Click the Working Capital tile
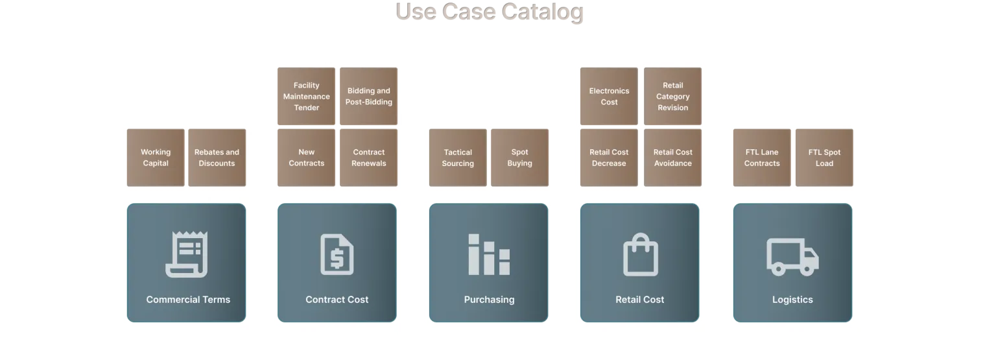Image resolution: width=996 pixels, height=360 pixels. tap(156, 158)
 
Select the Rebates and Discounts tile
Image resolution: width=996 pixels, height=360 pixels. tap(217, 158)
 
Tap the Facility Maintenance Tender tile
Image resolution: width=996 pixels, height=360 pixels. tap(306, 96)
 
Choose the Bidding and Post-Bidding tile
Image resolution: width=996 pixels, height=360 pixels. tap(368, 96)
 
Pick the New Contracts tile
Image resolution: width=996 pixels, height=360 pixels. tap(306, 158)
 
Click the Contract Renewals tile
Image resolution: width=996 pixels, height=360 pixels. tap(368, 158)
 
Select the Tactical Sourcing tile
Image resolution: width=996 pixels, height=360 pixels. tap(458, 158)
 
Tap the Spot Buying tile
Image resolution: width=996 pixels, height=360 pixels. tap(520, 158)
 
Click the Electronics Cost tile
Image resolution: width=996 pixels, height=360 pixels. tap(609, 96)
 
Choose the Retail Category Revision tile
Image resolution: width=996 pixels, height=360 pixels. tap(672, 96)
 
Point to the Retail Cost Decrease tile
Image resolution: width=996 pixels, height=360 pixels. tap(609, 158)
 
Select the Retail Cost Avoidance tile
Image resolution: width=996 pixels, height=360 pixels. tap(672, 158)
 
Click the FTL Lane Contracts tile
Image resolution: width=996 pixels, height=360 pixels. tap(762, 158)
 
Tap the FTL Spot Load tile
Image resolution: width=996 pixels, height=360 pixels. tap(824, 158)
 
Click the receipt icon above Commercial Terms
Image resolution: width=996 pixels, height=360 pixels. tap(187, 254)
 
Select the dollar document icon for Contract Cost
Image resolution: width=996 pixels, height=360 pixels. tap(337, 254)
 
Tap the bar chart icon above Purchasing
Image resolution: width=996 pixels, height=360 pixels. tap(489, 254)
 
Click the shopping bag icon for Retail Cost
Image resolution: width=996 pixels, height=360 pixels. tap(640, 254)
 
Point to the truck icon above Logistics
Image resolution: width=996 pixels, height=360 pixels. tap(793, 258)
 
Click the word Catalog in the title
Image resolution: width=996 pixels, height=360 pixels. tap(542, 12)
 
